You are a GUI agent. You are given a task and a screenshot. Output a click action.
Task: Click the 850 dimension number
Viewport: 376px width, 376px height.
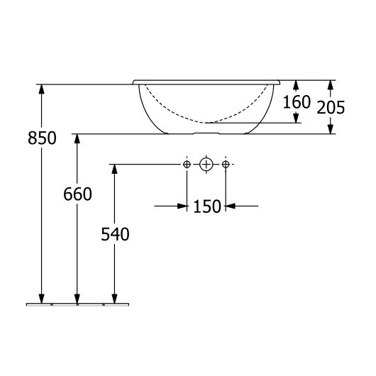pos(42,138)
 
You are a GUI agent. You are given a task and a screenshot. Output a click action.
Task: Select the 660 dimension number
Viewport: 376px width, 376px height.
pos(77,194)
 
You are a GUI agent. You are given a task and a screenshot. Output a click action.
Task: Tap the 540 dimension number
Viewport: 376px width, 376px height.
pos(115,234)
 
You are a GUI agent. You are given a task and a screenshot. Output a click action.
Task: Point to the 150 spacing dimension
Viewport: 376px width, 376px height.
pos(207,206)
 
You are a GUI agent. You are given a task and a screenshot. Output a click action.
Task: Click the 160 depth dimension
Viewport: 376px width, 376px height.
pos(297,102)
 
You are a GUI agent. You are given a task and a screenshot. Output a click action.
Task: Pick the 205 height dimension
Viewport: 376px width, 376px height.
pos(331,107)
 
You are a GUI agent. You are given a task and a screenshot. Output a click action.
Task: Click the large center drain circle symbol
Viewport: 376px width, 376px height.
pos(206,165)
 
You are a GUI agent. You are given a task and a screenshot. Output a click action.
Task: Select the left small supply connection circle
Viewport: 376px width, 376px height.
pos(187,165)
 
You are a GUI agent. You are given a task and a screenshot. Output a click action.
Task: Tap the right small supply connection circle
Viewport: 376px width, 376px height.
pos(226,165)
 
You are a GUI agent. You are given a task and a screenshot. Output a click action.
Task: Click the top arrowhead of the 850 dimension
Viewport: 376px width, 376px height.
pos(42,89)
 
